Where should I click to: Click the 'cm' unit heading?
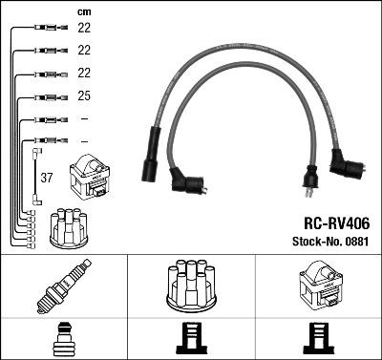click(83, 11)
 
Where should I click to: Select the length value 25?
click(83, 96)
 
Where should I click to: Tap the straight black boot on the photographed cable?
click(150, 159)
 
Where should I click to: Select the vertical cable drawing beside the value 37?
click(35, 177)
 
